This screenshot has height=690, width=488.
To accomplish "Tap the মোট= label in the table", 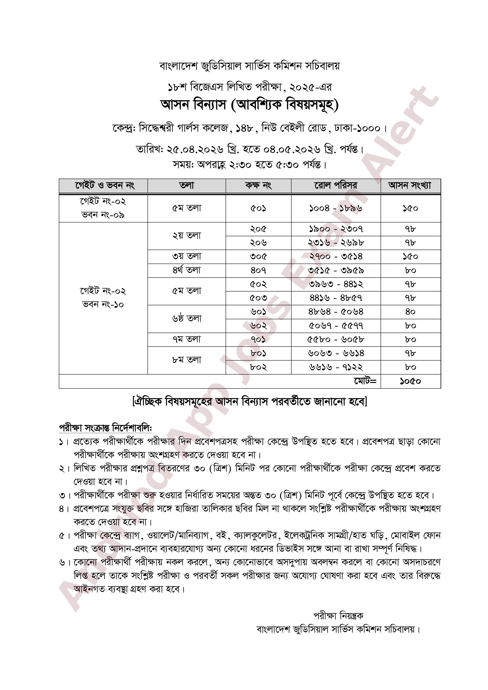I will point(365,381).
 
